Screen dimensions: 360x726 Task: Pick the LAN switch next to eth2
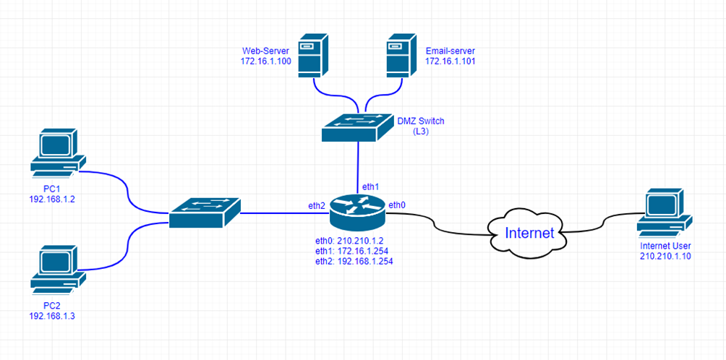(205, 213)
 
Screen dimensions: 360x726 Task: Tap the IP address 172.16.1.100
(265, 62)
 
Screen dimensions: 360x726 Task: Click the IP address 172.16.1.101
(450, 62)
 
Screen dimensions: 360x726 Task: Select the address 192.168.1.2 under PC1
(52, 199)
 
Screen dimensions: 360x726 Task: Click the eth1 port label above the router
(370, 187)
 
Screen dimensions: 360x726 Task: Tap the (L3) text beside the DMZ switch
(419, 132)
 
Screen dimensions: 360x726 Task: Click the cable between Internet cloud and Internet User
(600, 220)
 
